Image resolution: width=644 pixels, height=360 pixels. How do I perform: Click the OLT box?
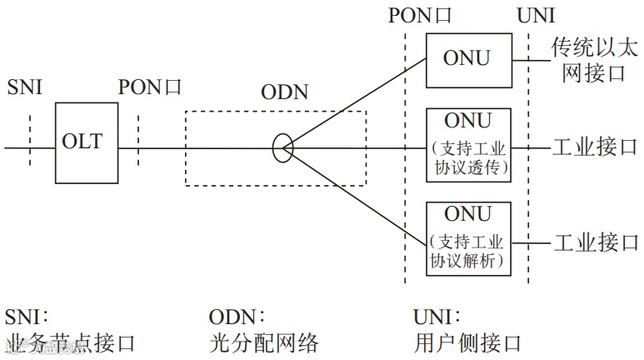click(82, 142)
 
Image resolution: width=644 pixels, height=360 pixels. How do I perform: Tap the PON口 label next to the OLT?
click(150, 87)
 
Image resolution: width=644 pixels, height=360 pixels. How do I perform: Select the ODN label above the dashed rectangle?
click(284, 92)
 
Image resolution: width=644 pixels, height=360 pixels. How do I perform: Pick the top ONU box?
click(467, 59)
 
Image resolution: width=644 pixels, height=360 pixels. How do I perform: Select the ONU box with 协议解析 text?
click(467, 237)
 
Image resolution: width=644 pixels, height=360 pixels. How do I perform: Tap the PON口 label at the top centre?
click(419, 15)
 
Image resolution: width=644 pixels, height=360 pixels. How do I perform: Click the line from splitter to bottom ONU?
click(358, 194)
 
